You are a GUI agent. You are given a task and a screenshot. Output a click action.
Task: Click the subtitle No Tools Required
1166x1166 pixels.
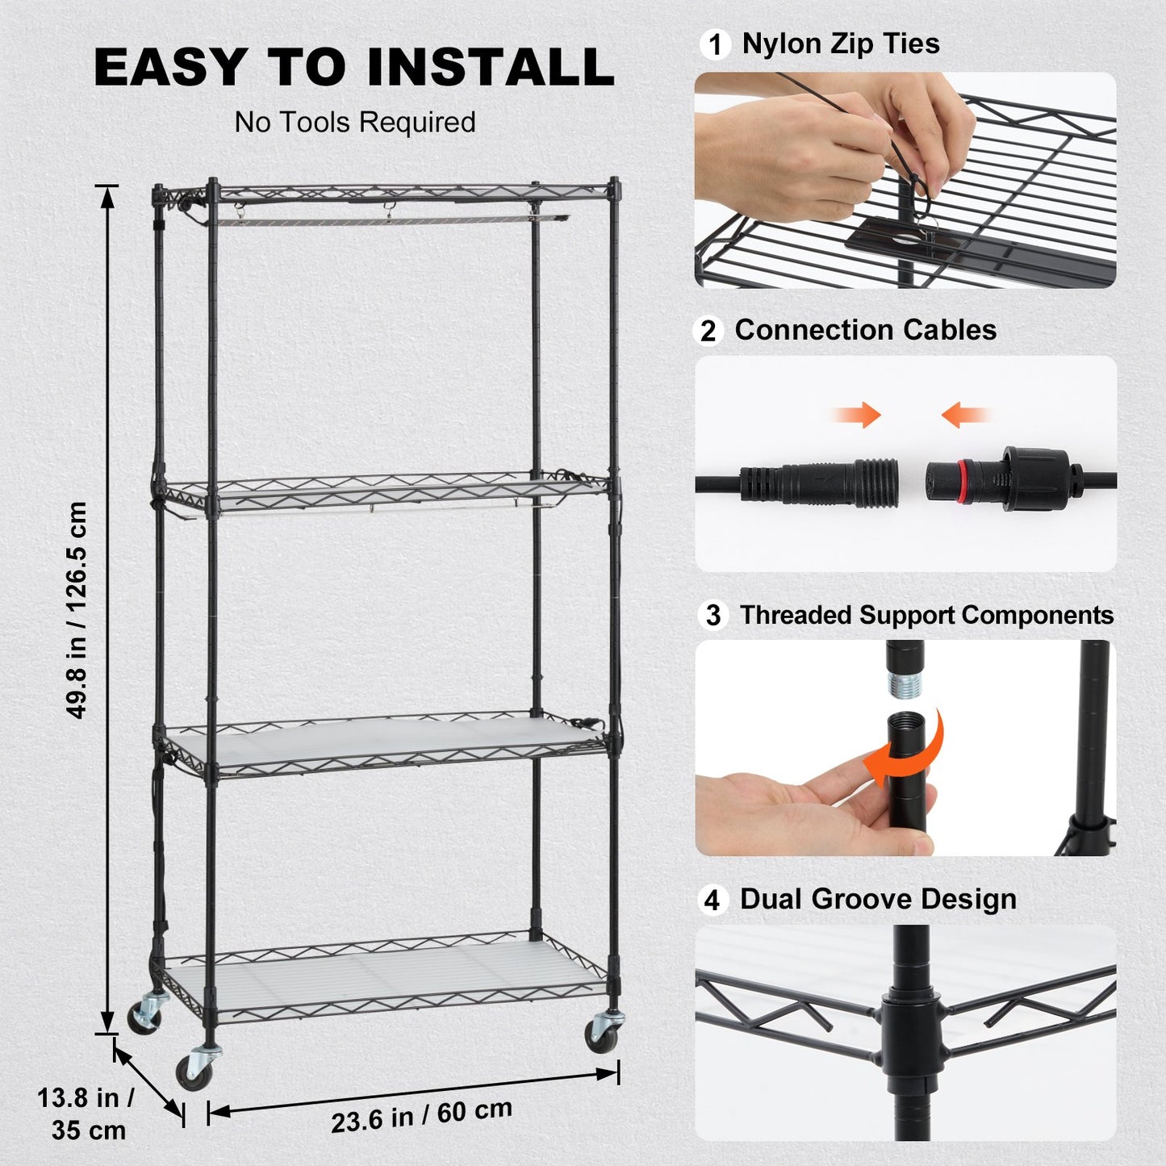355,123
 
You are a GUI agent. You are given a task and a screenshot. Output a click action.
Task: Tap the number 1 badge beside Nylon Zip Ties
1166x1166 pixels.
714,44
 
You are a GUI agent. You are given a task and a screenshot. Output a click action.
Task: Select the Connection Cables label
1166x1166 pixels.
865,330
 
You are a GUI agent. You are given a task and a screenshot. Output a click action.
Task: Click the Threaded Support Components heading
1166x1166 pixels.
926,615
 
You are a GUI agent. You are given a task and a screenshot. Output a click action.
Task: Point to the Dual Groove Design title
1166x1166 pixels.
878,899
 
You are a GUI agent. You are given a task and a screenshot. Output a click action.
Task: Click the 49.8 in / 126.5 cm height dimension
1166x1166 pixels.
77,609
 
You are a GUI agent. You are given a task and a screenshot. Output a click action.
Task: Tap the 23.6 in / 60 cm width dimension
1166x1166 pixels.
421,1115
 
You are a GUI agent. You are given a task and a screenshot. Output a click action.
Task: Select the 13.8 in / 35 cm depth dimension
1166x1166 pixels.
87,1114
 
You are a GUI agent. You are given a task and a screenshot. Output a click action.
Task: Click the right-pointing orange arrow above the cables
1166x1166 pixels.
859,416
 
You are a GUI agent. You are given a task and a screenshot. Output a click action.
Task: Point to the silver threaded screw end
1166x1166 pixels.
905,685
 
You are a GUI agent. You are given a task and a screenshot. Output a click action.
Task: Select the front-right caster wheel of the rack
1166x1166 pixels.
602,1035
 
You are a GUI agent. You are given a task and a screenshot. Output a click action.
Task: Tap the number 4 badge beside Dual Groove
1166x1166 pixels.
712,900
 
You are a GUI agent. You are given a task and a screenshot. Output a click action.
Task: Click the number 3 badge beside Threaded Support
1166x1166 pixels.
713,616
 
